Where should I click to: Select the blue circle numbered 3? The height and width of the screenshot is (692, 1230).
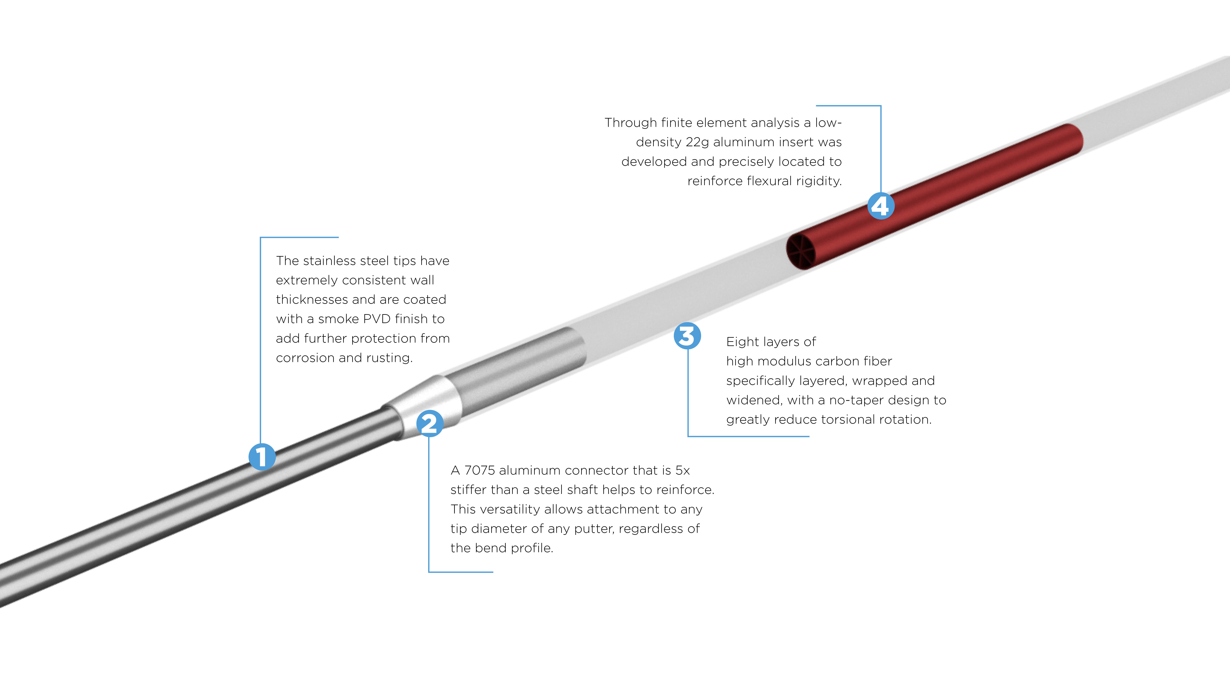click(x=687, y=336)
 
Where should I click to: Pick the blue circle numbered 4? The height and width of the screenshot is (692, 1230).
click(x=881, y=206)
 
